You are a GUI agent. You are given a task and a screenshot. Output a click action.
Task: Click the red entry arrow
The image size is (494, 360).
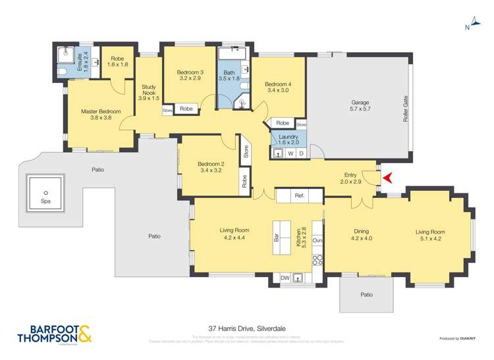click(388, 177)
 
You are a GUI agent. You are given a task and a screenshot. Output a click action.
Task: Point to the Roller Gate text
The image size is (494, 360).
click(406, 109)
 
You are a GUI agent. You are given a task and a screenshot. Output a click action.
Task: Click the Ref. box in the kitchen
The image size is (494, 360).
click(299, 195)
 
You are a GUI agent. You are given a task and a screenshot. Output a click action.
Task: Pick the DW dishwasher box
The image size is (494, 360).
click(285, 278)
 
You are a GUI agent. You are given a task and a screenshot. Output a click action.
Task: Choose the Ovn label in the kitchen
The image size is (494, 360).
click(317, 240)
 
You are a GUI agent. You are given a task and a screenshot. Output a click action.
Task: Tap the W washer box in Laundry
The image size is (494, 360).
click(290, 153)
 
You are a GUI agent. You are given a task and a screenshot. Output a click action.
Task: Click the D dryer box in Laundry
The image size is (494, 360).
click(301, 153)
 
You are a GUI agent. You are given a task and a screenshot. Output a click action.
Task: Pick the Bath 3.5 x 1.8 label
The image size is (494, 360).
click(229, 76)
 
